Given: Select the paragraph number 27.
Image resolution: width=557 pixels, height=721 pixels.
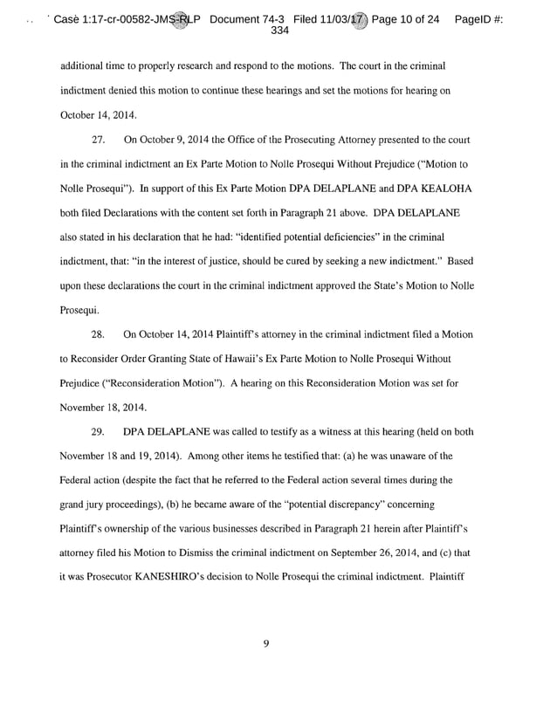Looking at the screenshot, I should [x=99, y=139].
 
